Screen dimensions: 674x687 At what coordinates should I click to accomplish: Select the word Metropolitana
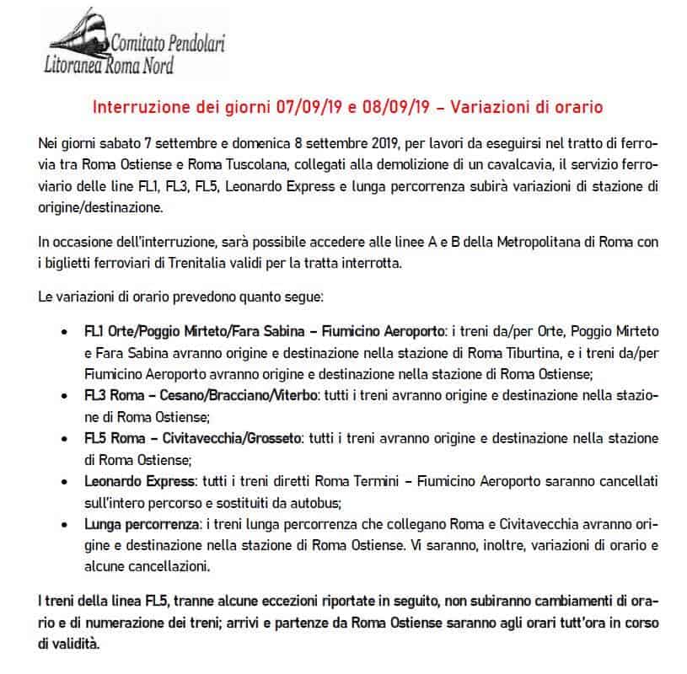[x=475, y=243]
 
